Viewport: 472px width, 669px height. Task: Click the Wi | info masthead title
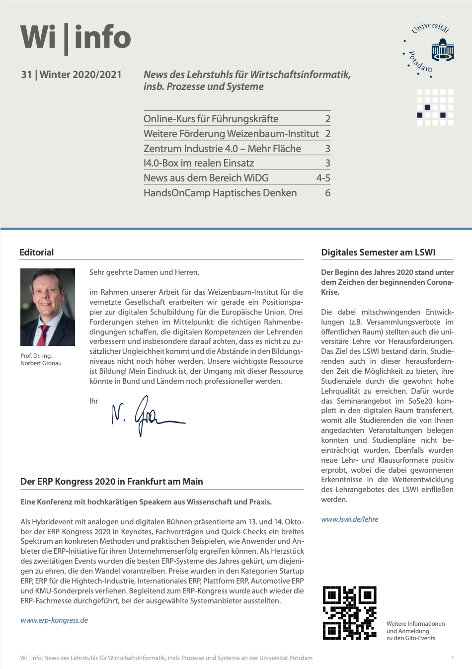[76, 38]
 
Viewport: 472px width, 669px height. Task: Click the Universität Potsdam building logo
[442, 51]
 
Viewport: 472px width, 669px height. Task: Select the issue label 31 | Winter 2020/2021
[71, 75]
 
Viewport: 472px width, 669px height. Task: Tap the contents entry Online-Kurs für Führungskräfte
[211, 119]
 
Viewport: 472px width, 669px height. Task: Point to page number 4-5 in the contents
[323, 178]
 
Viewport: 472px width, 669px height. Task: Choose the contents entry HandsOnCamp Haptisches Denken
[220, 193]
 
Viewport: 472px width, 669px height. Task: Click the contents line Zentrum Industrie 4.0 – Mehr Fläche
[222, 149]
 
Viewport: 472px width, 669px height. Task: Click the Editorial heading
[36, 252]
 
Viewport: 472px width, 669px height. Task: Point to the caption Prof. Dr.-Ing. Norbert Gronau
[41, 359]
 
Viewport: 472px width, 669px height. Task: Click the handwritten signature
[147, 415]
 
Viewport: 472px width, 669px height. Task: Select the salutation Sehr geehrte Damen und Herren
[144, 272]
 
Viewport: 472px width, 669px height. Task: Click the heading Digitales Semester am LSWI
[378, 252]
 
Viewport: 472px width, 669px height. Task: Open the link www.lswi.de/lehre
[349, 519]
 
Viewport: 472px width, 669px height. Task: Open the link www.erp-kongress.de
[54, 620]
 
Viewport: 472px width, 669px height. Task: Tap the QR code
[349, 613]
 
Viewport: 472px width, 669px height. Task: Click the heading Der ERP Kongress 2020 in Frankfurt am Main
[112, 481]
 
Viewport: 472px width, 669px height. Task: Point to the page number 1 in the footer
[452, 658]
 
